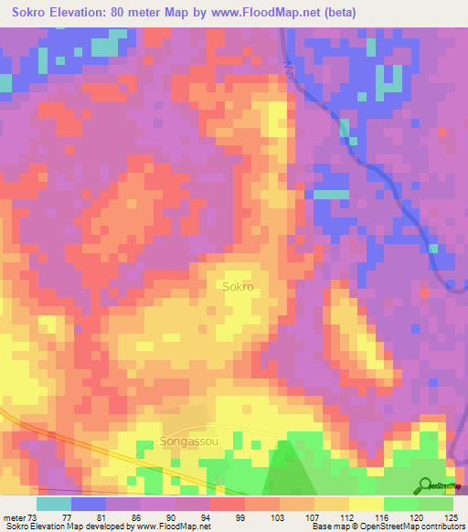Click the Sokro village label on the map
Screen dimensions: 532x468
click(238, 286)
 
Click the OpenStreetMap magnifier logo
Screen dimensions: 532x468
click(426, 485)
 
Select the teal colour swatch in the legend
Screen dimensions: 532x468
click(54, 504)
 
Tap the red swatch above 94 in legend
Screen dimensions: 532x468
click(227, 504)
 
